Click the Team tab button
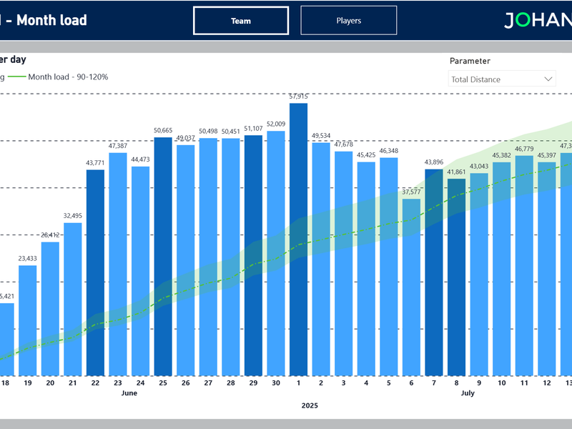tap(241, 21)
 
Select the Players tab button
tap(348, 21)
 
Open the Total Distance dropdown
tap(502, 79)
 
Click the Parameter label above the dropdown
tap(470, 61)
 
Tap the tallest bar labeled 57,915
tap(298, 240)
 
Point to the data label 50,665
tap(163, 130)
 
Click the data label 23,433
tap(27, 259)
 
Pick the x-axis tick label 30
tap(275, 383)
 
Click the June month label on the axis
tap(129, 393)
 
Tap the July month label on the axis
tap(468, 393)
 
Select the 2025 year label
tap(310, 405)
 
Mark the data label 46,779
tap(524, 149)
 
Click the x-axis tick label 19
tap(27, 383)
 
